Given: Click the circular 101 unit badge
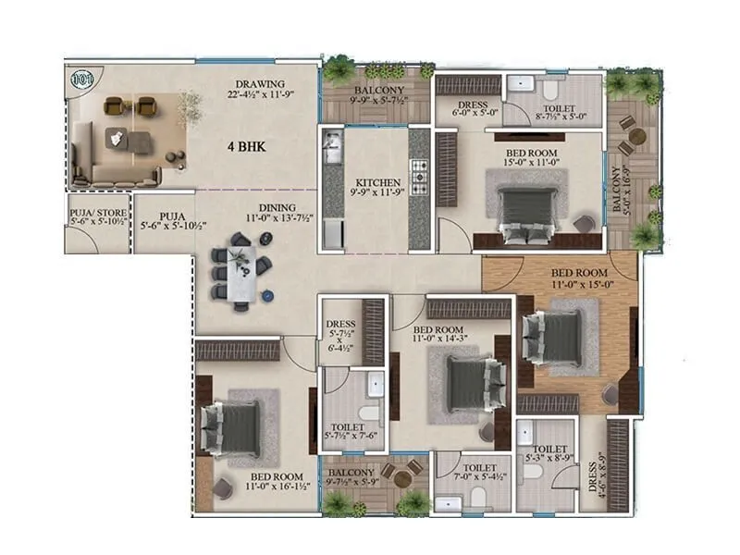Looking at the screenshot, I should [82, 80].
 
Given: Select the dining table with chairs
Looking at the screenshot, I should [240, 269].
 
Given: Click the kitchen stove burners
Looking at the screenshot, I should [418, 177].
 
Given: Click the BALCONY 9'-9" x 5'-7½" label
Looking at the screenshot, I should [376, 95].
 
